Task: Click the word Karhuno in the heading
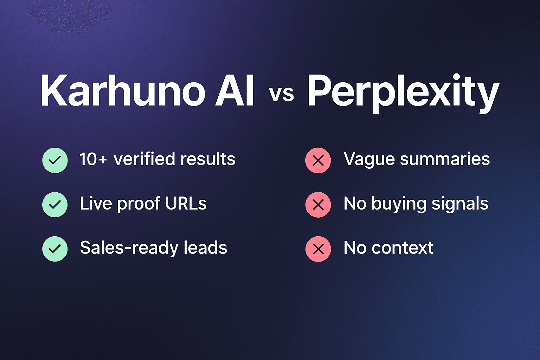click(x=123, y=91)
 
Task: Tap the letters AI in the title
click(x=235, y=91)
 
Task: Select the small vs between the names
click(x=281, y=94)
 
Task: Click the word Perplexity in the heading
click(x=403, y=92)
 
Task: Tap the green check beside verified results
click(x=55, y=160)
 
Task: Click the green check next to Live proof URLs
click(x=55, y=205)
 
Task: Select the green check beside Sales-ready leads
click(x=55, y=249)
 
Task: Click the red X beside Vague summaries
click(x=318, y=161)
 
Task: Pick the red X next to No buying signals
click(x=318, y=205)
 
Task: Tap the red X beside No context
click(x=318, y=249)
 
